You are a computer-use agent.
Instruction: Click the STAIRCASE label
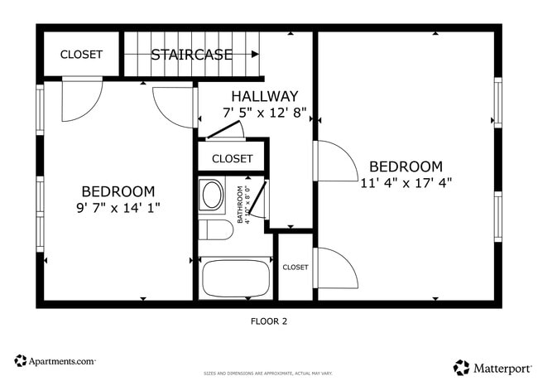coord(191,55)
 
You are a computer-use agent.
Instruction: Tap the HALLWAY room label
coord(265,96)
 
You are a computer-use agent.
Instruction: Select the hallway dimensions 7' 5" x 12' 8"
coord(265,113)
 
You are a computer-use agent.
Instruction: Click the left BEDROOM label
coord(118,190)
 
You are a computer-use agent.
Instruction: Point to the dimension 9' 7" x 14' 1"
coord(118,208)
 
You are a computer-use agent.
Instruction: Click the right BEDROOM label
coord(406,166)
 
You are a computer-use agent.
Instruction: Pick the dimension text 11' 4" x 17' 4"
coord(406,183)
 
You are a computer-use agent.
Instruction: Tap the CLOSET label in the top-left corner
coord(81,55)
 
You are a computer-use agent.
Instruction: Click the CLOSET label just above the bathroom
coord(232,158)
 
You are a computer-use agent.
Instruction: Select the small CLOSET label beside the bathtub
coord(295,268)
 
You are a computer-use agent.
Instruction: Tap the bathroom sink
coord(212,196)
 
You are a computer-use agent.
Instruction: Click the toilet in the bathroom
coord(216,229)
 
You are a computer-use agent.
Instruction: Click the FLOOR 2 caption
coord(269,321)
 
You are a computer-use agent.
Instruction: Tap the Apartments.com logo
coord(55,361)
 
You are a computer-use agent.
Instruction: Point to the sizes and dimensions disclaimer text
coord(269,374)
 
